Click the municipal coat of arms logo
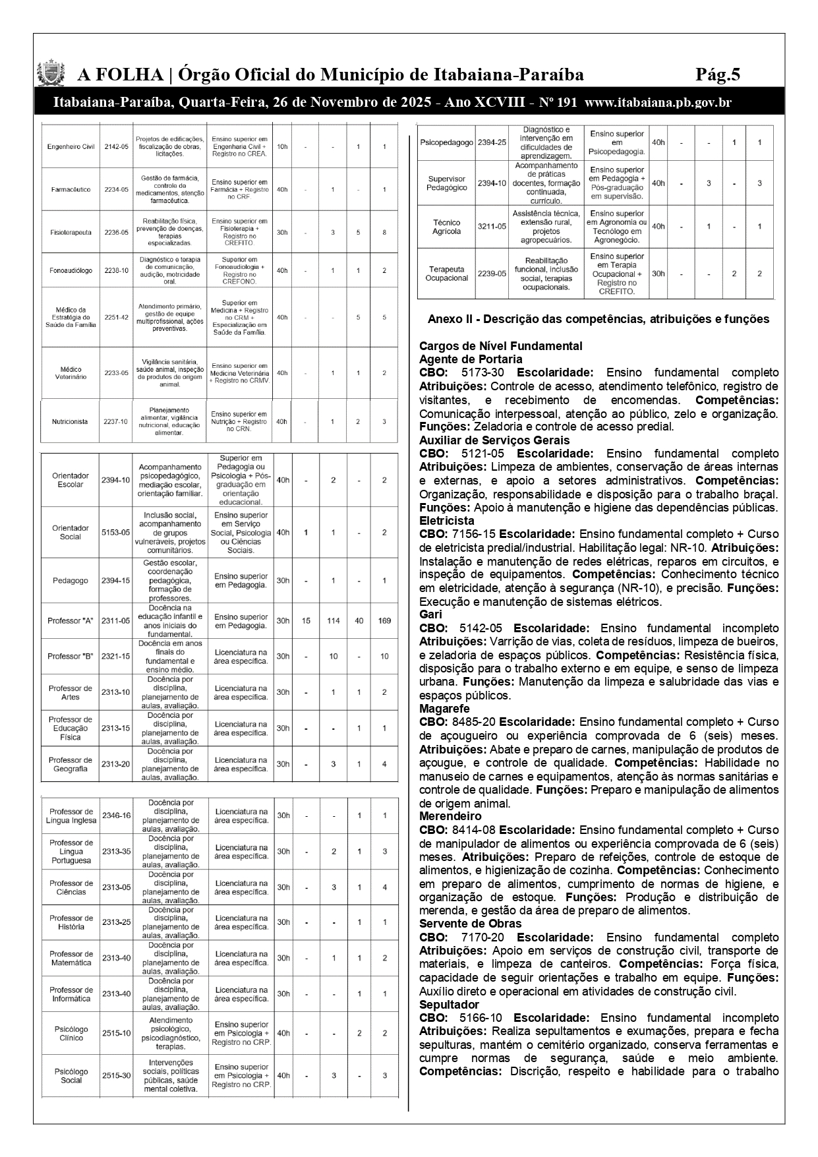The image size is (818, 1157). [x=51, y=74]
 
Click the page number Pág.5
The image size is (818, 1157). [x=718, y=74]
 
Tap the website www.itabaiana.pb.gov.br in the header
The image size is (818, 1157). [x=658, y=103]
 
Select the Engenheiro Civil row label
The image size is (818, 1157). [x=72, y=146]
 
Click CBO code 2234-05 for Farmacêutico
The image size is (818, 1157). [x=116, y=190]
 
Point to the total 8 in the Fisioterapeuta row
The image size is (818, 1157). [x=384, y=232]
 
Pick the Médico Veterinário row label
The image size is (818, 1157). [x=71, y=373]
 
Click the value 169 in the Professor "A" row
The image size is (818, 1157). [x=384, y=620]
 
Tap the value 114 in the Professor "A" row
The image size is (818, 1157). [x=334, y=620]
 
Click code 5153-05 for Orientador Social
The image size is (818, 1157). [x=116, y=532]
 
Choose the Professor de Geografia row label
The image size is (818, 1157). [x=71, y=764]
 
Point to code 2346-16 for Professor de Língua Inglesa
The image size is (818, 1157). [x=117, y=816]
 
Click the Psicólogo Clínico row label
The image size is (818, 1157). [x=71, y=1033]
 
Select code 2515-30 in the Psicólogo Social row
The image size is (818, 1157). [x=117, y=1075]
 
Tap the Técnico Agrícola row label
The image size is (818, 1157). [x=446, y=227]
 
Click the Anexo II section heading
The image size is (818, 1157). [x=598, y=319]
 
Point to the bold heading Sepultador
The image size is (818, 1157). [x=449, y=1004]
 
